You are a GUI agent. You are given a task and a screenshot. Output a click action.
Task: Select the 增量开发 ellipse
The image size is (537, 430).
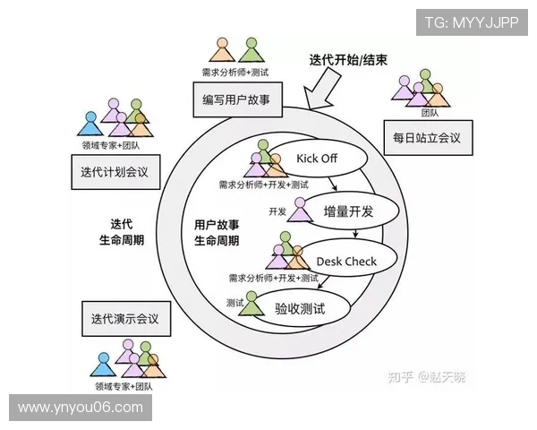point(344,211)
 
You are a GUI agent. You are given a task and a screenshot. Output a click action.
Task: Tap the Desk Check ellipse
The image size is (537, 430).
point(347,262)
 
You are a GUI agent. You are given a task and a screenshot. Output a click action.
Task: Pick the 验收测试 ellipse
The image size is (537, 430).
point(301,308)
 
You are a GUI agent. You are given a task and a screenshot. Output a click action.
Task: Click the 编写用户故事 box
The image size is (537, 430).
point(236,99)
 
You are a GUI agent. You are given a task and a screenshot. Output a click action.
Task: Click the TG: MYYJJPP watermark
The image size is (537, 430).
point(472,21)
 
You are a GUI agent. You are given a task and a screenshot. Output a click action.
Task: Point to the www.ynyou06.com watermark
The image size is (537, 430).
point(81,408)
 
